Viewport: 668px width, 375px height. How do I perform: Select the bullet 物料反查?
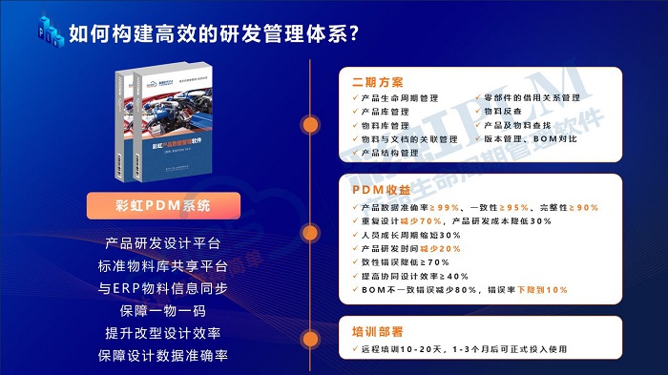pos(505,112)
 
